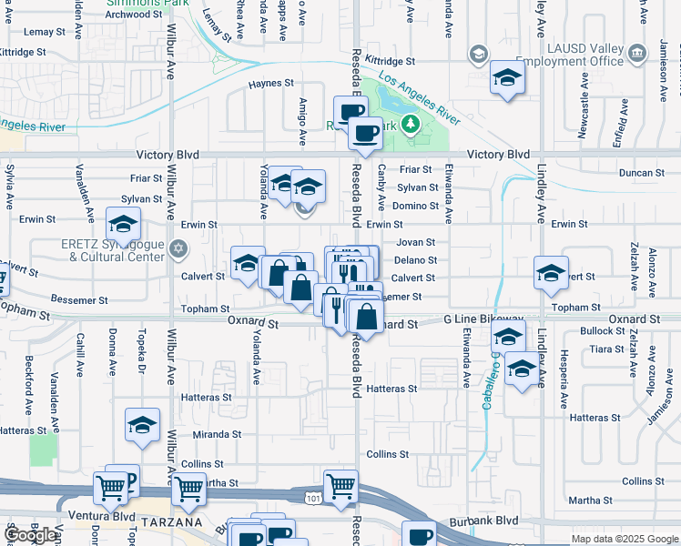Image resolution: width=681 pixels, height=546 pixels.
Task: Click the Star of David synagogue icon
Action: tap(178, 248)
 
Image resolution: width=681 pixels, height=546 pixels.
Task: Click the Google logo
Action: tap(30, 535)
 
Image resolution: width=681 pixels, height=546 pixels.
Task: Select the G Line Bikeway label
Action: tap(483, 319)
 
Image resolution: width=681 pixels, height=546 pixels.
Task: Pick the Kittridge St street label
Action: tap(390, 62)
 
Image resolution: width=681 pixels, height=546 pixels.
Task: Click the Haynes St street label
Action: tap(271, 83)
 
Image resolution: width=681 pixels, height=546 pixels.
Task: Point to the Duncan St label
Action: tap(641, 172)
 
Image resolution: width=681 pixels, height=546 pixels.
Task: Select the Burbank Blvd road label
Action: tap(483, 521)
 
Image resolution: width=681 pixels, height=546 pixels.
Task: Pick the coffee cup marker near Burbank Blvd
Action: tap(419, 536)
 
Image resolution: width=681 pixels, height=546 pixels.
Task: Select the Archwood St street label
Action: tap(127, 15)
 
